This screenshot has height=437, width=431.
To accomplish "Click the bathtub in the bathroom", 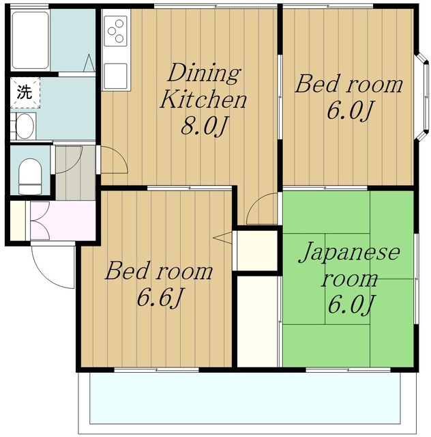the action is point(30,40).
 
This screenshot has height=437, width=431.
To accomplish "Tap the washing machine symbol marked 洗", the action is point(25,93).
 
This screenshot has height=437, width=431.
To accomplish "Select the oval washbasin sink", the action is point(25,126).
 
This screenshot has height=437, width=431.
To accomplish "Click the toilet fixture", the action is point(31,176).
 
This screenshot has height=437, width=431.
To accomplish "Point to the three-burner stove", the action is point(115,31).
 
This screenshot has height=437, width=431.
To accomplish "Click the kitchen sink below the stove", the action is point(115,76).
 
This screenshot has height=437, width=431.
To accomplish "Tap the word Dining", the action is point(203,73).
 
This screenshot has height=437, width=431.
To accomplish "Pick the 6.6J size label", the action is point(160,298).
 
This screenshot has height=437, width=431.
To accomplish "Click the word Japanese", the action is point(350,253).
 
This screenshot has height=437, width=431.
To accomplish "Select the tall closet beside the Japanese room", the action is point(257,321).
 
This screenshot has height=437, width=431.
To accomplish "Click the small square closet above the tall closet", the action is point(257,251).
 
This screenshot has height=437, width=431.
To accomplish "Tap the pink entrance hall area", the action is point(63,220).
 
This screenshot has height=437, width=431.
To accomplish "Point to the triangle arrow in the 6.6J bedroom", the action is point(222,238).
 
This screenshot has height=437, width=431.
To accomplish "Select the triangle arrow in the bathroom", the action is point(89,63).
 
